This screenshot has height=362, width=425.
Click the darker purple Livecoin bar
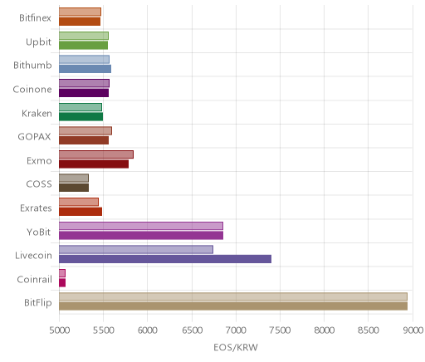tap(165, 259)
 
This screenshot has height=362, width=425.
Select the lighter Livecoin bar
tap(136, 249)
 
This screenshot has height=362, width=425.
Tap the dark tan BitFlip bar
tap(233, 306)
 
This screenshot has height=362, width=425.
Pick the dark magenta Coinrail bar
tap(62, 282)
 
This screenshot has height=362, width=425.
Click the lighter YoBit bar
tap(141, 226)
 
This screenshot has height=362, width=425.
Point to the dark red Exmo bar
tap(94, 164)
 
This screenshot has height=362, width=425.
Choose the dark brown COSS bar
tap(74, 188)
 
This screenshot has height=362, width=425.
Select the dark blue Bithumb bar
tap(85, 69)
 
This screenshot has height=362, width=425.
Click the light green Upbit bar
tap(84, 36)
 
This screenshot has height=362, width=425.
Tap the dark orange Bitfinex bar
tap(80, 22)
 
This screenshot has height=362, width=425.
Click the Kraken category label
tap(37, 113)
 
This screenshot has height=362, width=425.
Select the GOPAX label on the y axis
tap(34, 137)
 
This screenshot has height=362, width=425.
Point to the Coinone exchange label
tap(32, 90)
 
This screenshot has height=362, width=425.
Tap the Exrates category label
tap(36, 208)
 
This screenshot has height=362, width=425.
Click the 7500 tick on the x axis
tap(280, 330)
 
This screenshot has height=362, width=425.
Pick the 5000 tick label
tap(60, 330)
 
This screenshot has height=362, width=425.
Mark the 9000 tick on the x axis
tap(413, 330)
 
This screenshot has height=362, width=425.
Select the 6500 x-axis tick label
tap(192, 330)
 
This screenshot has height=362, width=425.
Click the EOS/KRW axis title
tap(236, 347)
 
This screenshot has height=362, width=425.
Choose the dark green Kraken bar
tap(81, 117)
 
